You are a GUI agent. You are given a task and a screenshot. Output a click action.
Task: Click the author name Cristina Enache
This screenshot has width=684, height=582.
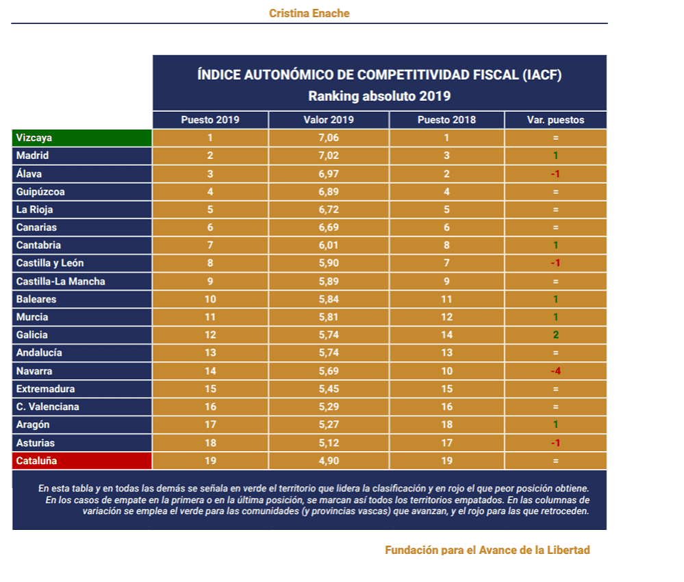click(x=309, y=13)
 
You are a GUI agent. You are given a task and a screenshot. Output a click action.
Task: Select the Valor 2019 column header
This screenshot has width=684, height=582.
click(x=329, y=120)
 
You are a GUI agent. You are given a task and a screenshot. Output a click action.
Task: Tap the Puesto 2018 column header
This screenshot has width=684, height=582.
click(x=446, y=120)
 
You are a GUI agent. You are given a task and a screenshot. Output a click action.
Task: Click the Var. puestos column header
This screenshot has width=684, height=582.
click(x=555, y=120)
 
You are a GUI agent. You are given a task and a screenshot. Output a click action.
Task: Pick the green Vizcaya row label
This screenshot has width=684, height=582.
click(x=34, y=138)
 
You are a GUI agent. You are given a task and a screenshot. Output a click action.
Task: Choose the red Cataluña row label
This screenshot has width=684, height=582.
click(x=36, y=461)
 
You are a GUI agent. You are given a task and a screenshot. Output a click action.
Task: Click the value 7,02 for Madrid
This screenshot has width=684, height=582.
click(x=329, y=156)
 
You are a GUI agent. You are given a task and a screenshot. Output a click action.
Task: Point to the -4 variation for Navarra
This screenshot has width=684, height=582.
click(x=556, y=372)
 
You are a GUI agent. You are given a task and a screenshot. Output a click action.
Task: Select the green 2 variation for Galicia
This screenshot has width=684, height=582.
click(x=556, y=335)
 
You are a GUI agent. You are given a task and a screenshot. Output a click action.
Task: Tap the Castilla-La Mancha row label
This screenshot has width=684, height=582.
click(x=61, y=281)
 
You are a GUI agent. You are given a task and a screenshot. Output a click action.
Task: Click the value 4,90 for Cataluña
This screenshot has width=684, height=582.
click(x=329, y=461)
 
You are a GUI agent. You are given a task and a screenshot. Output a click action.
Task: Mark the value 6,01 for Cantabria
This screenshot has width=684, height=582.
click(x=329, y=245)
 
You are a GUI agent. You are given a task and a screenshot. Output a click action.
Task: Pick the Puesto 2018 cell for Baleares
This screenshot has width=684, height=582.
click(x=446, y=300)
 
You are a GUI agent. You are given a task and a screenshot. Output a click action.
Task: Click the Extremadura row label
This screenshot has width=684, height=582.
click(x=46, y=389)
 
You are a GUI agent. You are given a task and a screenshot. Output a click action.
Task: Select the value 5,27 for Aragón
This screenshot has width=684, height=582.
click(x=329, y=425)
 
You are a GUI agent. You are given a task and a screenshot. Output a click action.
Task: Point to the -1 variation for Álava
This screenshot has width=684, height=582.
click(x=556, y=174)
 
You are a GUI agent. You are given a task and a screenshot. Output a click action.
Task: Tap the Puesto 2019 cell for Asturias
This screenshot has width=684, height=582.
click(x=210, y=444)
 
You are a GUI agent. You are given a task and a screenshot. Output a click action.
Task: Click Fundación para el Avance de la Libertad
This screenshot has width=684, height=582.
click(x=487, y=550)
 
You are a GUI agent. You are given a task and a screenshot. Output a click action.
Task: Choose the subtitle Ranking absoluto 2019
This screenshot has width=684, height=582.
click(x=379, y=96)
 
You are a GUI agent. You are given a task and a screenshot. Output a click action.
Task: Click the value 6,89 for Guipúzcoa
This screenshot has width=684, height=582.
click(x=329, y=192)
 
